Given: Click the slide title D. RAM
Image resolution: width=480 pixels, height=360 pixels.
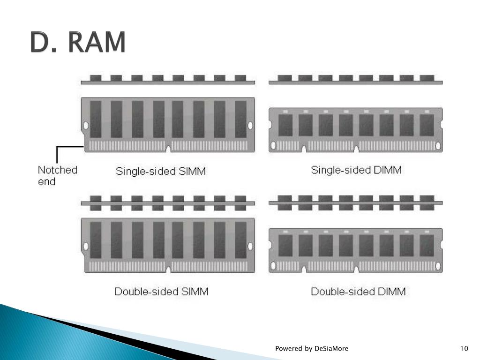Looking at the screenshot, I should (x=78, y=43).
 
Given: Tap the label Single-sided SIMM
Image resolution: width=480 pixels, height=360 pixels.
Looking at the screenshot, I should (x=161, y=171).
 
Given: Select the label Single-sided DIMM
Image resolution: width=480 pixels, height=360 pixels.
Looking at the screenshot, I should (x=356, y=170).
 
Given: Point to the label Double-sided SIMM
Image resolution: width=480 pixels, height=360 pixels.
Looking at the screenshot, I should (x=161, y=292).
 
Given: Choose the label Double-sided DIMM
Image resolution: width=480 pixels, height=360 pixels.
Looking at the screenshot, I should (x=358, y=292).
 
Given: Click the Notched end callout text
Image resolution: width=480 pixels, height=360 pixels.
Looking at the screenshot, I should (x=57, y=175).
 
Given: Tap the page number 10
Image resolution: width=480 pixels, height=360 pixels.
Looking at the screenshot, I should (x=464, y=348).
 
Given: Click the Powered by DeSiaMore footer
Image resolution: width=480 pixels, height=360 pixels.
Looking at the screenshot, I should (x=311, y=348).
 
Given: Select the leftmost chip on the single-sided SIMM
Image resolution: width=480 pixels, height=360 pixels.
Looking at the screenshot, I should (x=96, y=119).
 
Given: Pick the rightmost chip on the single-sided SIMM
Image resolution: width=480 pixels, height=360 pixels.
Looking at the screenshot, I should (x=240, y=119).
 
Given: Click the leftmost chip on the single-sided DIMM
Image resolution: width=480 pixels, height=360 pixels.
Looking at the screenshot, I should (x=285, y=125).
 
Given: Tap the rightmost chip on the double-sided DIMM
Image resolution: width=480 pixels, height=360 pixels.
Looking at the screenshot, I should (x=427, y=245).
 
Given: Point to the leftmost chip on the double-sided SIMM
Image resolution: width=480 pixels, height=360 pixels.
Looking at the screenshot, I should (x=96, y=240).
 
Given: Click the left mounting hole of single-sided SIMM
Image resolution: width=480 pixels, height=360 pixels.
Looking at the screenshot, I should (x=85, y=125).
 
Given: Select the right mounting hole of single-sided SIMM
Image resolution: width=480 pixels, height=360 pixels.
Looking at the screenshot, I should (x=250, y=125).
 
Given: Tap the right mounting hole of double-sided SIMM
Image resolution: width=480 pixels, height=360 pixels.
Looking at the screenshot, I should (x=250, y=246).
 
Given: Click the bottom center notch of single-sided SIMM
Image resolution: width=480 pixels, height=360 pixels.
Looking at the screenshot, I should (x=168, y=150).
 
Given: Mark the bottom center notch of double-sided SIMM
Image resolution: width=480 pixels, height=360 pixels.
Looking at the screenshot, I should (x=168, y=270).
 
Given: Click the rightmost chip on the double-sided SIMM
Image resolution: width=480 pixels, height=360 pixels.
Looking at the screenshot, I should (x=240, y=240).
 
